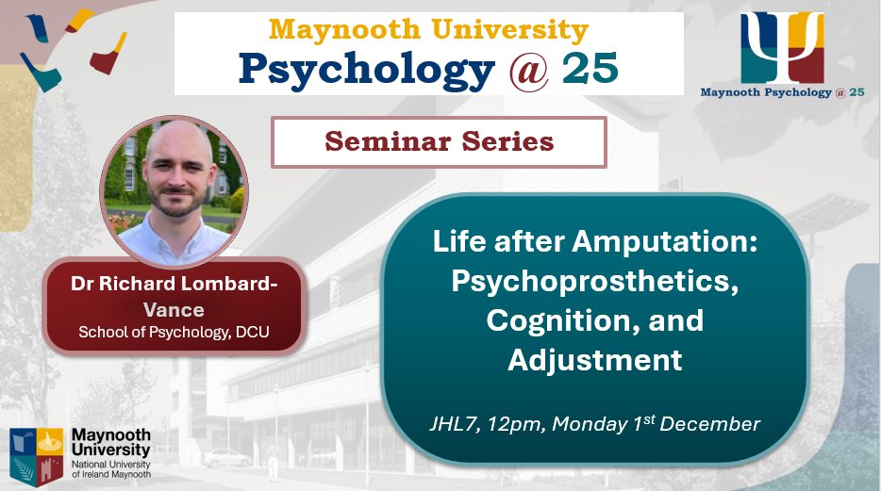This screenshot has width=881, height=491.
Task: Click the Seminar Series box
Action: point(438,143)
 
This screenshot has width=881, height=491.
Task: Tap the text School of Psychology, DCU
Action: point(174,332)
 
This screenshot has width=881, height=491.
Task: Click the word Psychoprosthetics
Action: point(594,281)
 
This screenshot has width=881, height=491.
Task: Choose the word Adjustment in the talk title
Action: point(594,359)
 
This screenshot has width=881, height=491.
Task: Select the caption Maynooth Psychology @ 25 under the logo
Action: point(782,92)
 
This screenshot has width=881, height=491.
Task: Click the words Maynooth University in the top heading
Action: point(429,28)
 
